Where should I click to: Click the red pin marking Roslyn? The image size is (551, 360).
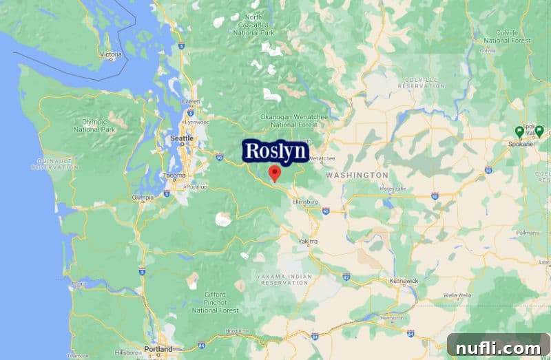(x=275, y=173)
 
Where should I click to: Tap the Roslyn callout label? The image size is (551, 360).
(x=275, y=151)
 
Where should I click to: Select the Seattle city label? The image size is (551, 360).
(x=182, y=139)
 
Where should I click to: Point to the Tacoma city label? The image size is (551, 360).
(x=174, y=176)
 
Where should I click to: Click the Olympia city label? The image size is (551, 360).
(x=143, y=198)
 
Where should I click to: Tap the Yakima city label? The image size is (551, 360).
(x=308, y=242)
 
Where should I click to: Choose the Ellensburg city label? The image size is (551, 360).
(x=305, y=202)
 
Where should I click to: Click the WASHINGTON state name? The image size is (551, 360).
(x=357, y=176)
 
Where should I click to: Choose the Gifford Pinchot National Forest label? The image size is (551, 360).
(x=215, y=303)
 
